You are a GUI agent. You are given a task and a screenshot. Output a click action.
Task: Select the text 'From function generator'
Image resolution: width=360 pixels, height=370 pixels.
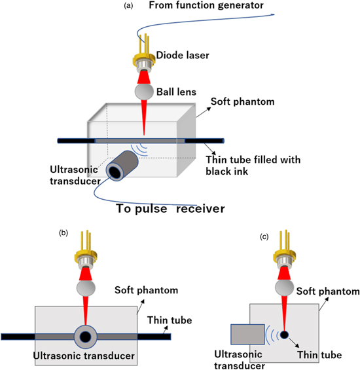pyautogui.click(x=205, y=6)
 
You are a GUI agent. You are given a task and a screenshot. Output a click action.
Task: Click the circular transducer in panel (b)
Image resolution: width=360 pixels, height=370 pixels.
pyautogui.click(x=84, y=337)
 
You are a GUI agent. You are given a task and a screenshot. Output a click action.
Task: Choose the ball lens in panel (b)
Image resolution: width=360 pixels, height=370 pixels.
pyautogui.click(x=84, y=288)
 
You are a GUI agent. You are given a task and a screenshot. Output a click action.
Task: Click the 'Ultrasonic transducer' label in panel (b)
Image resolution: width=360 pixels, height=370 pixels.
pyautogui.click(x=84, y=357)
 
